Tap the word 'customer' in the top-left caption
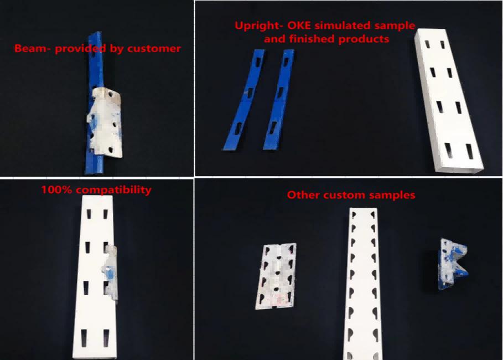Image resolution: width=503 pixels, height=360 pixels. tap(154, 49)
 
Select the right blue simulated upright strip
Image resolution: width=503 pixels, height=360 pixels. tap(279, 100)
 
